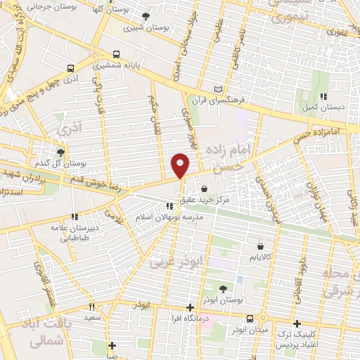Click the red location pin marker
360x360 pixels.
pyautogui.click(x=181, y=165)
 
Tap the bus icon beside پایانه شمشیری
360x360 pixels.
pyautogui.click(x=116, y=53)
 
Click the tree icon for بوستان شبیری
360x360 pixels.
pyautogui.click(x=146, y=16)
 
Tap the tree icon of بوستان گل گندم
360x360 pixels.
pyautogui.click(x=60, y=151)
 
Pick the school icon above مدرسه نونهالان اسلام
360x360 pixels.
pyautogui.click(x=169, y=206)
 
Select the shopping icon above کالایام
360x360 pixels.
pyautogui.click(x=262, y=247)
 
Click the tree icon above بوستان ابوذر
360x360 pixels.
pyautogui.click(x=223, y=289)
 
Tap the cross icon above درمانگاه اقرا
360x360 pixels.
pyautogui.click(x=190, y=307)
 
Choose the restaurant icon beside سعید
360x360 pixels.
pyautogui.click(x=91, y=307)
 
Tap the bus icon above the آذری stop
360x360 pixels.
pyautogui.click(x=70, y=69)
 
